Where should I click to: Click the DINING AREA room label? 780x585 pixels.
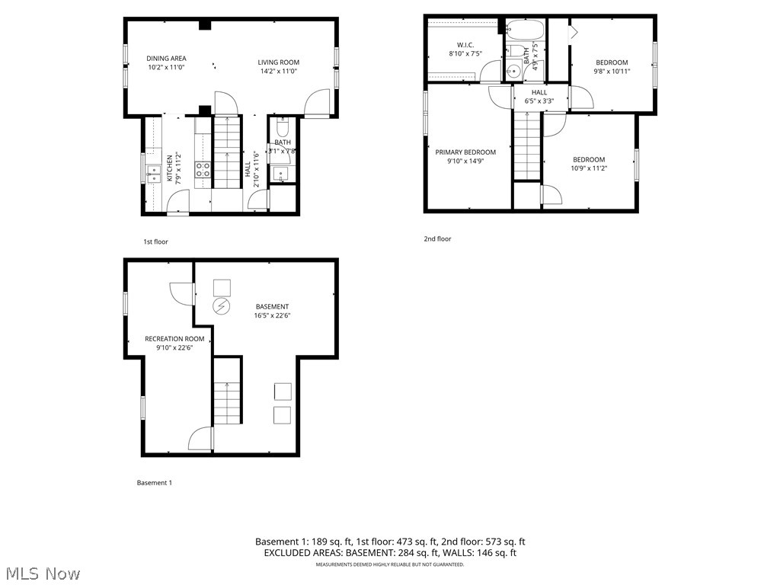[x=166, y=59]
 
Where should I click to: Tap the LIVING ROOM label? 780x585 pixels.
[x=278, y=62]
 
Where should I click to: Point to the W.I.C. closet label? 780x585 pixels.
[x=465, y=44]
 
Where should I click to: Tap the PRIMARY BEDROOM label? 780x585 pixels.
[x=465, y=152]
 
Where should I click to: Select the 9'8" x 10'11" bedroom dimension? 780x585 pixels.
[x=612, y=72]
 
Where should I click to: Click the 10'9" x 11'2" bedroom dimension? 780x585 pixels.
[x=589, y=168]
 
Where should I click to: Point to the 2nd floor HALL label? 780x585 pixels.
[x=539, y=92]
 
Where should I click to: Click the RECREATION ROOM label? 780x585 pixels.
[x=174, y=339]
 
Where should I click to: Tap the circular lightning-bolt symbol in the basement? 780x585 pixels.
[x=222, y=306]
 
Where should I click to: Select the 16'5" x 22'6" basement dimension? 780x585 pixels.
[x=272, y=315]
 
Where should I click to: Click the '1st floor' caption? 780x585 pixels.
[x=155, y=241]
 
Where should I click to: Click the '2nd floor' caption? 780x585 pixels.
[x=437, y=238]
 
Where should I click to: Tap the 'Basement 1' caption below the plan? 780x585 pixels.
[x=155, y=482]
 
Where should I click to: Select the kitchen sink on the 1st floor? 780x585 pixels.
[x=152, y=174]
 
